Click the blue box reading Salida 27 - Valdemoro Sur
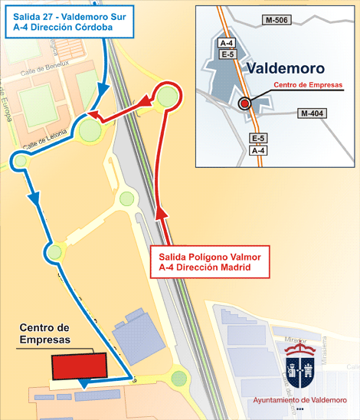pos(58,21)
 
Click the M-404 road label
pos(312,113)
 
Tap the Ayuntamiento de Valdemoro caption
pos(300,401)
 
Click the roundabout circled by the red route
pos(168,96)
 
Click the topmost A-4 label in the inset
pos(226,43)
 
